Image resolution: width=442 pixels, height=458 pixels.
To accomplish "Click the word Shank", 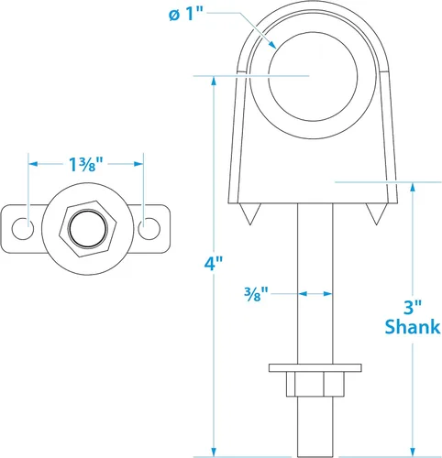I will coord(411,327).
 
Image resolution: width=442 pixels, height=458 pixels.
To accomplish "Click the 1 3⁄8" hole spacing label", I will coord(86,164).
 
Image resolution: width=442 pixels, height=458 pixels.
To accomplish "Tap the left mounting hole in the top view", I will coord(28,224).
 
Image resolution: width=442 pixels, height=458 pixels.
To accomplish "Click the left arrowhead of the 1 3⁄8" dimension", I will coord(33,164).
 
